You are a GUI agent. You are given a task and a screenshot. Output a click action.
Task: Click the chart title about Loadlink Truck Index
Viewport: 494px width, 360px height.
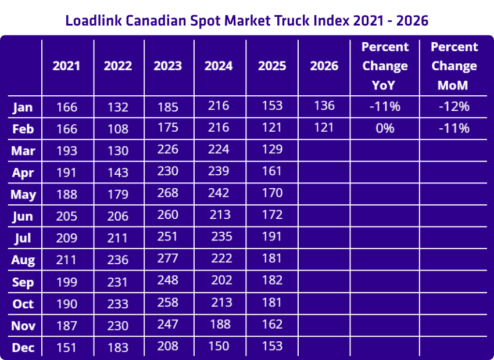pos(246,20)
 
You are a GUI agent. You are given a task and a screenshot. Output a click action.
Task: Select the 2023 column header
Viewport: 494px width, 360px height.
pos(168,66)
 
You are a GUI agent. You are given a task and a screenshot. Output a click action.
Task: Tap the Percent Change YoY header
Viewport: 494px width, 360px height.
pos(385,66)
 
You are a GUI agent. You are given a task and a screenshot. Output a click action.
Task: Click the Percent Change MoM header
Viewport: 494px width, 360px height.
pos(454,66)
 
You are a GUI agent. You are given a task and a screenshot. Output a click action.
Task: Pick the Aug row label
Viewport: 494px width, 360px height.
pos(23,260)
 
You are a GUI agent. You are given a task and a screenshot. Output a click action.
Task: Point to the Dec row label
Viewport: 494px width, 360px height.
pos(23,347)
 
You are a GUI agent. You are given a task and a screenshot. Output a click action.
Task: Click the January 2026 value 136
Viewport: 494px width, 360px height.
pos(324,106)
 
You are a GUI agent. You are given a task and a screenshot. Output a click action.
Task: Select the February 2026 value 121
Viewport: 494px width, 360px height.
pos(324,128)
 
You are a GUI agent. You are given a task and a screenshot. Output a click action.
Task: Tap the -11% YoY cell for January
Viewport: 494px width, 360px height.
pos(385,106)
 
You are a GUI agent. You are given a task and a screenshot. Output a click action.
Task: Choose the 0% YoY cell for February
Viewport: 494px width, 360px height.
pos(385,128)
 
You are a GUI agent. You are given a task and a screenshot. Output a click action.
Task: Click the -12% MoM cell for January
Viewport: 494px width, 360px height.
pos(454,106)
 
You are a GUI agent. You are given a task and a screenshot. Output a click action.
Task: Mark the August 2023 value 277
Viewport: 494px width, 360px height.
pos(169,259)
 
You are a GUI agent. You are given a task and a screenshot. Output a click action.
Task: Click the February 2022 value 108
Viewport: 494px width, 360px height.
pos(119,128)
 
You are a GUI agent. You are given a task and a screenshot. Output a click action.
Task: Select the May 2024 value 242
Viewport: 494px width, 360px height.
pos(218,193)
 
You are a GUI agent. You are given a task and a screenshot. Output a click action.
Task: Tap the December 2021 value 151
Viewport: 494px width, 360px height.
pos(67,347)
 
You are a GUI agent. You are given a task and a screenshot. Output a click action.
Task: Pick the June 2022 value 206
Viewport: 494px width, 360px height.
pos(119,215)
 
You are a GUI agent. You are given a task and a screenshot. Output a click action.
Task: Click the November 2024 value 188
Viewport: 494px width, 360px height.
pos(219,324)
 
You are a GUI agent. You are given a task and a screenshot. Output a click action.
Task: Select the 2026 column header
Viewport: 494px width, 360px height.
pos(324,66)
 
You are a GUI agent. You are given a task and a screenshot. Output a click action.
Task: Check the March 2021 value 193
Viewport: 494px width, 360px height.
pos(67,150)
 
